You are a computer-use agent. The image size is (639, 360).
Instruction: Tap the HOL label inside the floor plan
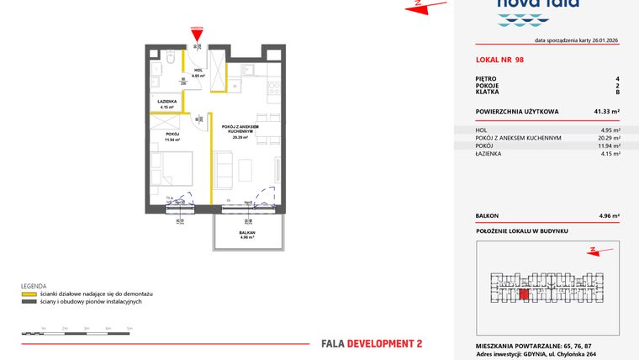(x=198, y=71)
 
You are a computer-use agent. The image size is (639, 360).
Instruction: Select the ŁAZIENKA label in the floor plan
(x=166, y=103)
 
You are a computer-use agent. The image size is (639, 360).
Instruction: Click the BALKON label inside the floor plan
(x=246, y=232)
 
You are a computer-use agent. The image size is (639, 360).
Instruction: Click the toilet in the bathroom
(x=169, y=59)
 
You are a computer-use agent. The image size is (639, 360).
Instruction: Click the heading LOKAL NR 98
(x=499, y=61)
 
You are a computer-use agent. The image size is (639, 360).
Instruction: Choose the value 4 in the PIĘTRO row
(x=617, y=78)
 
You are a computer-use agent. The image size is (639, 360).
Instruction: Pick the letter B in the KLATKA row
(x=617, y=92)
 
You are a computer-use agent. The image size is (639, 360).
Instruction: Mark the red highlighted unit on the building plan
(x=523, y=294)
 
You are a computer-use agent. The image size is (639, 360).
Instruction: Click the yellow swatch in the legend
(x=29, y=294)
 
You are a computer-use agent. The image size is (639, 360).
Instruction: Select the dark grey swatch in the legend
(x=29, y=300)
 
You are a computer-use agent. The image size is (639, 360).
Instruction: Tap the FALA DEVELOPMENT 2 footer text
(x=372, y=343)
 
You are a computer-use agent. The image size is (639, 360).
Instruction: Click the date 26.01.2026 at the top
(x=600, y=40)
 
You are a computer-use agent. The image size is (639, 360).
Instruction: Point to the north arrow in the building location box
(x=593, y=250)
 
